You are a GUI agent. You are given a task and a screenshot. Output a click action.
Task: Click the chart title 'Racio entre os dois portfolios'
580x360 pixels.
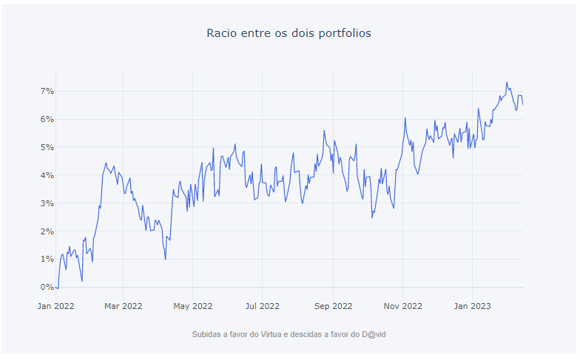coord(289,33)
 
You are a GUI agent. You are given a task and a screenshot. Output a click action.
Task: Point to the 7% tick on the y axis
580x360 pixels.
coord(47,91)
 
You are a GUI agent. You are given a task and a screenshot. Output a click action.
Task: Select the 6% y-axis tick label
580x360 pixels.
coord(47,119)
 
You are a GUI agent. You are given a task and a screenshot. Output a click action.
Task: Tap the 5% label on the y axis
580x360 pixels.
coord(47,147)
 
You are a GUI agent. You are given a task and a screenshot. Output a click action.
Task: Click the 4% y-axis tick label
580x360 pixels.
coord(47,175)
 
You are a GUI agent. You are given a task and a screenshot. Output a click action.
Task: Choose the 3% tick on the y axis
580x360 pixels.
coord(47,203)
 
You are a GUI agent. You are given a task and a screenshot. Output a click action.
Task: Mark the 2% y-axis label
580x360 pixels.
coord(47,231)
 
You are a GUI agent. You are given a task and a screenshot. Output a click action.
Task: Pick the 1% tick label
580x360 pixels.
coord(47,259)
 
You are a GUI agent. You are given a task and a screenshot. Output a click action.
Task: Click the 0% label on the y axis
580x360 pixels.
coord(47,288)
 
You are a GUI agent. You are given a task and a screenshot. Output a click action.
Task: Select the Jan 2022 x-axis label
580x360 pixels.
coord(55,305)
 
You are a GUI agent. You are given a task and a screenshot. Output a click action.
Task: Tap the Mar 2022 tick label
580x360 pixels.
coord(123,305)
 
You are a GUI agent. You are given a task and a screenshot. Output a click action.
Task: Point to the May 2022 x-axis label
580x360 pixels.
coord(192,305)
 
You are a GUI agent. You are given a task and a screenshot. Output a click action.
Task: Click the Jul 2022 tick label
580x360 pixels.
coord(262,305)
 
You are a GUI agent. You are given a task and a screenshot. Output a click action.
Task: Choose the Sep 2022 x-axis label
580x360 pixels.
coord(332,305)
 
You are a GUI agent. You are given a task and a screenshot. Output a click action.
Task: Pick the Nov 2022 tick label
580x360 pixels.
coord(402,305)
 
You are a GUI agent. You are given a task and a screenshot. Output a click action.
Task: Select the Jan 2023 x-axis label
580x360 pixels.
coord(471,305)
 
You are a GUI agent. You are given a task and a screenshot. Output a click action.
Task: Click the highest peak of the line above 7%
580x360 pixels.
coord(507,82)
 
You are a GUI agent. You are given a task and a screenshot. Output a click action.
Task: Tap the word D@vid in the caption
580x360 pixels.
coord(373,335)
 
